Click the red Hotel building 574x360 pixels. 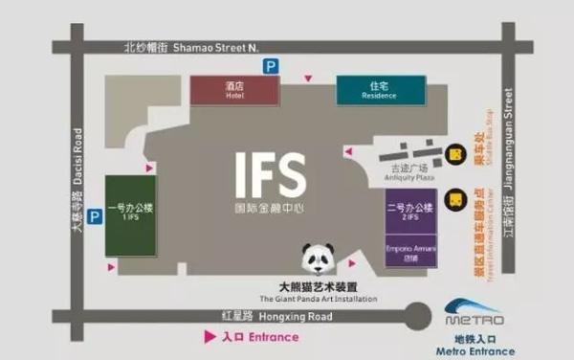click(x=235, y=89)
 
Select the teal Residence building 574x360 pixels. click(x=378, y=90)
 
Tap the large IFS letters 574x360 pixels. click(x=271, y=174)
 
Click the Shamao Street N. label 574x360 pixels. click(x=192, y=46)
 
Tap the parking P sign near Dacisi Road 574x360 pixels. click(x=95, y=217)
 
